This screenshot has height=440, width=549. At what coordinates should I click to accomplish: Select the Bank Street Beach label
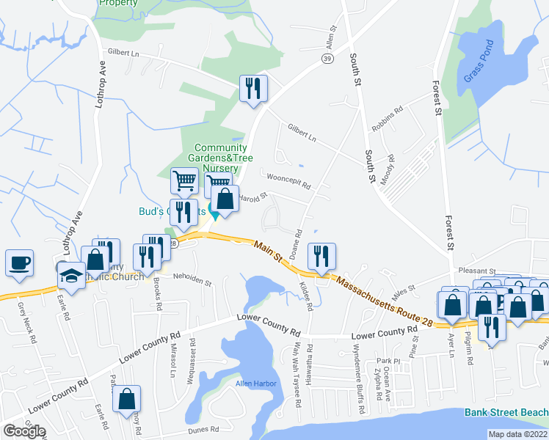point(506,412)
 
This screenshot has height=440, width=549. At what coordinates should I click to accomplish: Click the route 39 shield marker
point(327,58)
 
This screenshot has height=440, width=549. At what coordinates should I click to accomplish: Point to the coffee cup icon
point(19,261)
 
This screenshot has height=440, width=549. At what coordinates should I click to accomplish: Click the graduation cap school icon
point(70,274)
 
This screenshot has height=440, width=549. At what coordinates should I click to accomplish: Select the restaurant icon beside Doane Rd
point(321,256)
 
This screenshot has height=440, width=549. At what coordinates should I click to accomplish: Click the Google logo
point(23,431)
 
